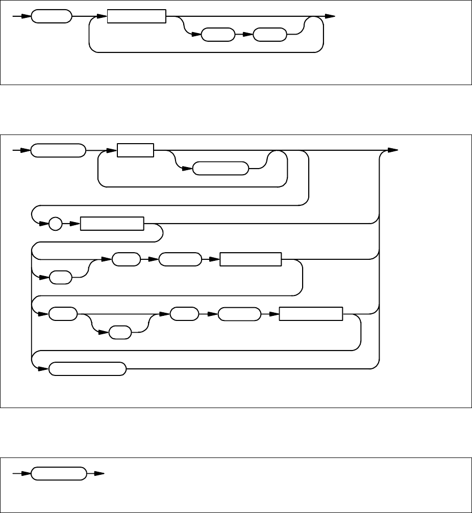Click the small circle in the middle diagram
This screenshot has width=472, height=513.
(x=56, y=224)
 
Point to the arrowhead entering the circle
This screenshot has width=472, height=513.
(x=45, y=224)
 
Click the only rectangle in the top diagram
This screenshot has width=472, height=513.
(x=137, y=17)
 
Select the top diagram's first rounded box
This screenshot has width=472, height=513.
(x=51, y=17)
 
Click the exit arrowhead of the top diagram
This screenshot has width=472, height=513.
(x=330, y=17)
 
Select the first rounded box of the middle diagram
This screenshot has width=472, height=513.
(x=58, y=151)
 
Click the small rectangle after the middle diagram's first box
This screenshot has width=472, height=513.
(x=135, y=151)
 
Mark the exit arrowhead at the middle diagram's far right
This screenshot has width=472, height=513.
(x=392, y=151)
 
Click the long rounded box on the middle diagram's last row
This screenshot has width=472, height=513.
(x=87, y=369)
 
